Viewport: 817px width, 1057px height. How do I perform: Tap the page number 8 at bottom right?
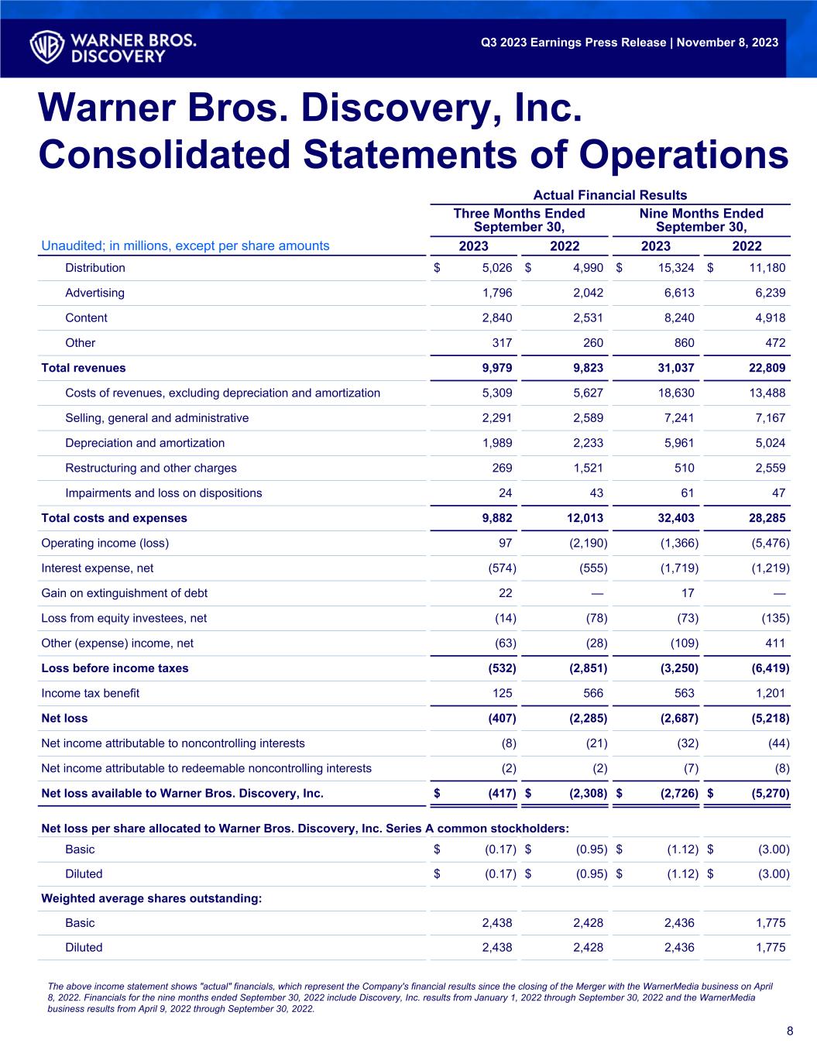[x=789, y=1031]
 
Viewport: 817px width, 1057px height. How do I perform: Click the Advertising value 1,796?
[x=496, y=293]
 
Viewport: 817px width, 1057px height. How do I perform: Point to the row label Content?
[x=86, y=317]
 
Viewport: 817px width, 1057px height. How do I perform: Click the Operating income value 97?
[x=503, y=543]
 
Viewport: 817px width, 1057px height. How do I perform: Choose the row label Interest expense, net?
[x=97, y=568]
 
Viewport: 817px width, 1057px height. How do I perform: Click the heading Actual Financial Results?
[x=610, y=195]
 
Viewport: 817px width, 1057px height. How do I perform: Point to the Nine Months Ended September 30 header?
[x=701, y=220]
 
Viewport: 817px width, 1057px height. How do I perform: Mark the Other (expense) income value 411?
[x=774, y=643]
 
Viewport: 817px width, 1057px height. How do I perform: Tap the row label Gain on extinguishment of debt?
[x=124, y=593]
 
